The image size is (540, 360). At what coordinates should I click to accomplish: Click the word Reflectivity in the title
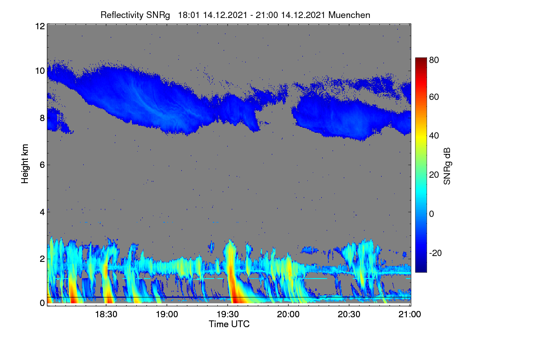click(x=122, y=15)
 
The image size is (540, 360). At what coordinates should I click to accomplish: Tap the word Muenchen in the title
click(x=349, y=15)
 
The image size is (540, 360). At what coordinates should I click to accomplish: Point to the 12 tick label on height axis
click(x=40, y=26)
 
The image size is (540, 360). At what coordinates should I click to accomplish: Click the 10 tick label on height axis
click(x=40, y=71)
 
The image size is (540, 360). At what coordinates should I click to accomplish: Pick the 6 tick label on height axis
click(x=42, y=165)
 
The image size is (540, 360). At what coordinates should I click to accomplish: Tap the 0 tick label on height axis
click(x=42, y=303)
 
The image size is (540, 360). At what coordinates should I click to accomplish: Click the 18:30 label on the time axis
click(x=106, y=314)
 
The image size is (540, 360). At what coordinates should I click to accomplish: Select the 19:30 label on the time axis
click(x=228, y=314)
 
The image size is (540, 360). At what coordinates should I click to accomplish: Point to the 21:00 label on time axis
click(x=409, y=314)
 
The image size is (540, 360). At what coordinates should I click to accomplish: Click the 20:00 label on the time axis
click(x=288, y=314)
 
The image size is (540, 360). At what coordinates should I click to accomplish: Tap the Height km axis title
click(x=25, y=164)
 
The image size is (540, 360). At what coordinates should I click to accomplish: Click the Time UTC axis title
click(x=229, y=324)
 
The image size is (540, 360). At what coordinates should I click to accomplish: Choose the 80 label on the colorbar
click(x=434, y=60)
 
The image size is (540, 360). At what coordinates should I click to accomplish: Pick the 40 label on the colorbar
click(x=434, y=136)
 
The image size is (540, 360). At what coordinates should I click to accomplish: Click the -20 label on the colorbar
click(x=436, y=253)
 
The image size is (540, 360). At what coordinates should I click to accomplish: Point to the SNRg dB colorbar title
click(x=447, y=166)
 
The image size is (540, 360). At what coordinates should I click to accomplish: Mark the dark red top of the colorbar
click(x=421, y=59)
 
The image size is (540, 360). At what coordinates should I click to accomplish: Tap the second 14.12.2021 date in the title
click(x=303, y=15)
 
